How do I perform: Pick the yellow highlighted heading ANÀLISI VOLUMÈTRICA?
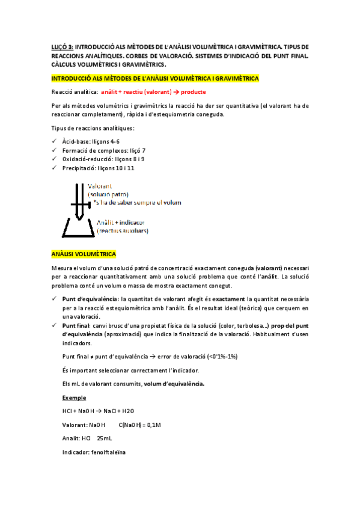pos(84,254)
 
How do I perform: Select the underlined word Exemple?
pos(75,398)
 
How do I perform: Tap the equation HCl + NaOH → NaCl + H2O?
pos(99,411)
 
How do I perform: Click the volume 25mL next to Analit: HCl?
pos(105,438)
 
